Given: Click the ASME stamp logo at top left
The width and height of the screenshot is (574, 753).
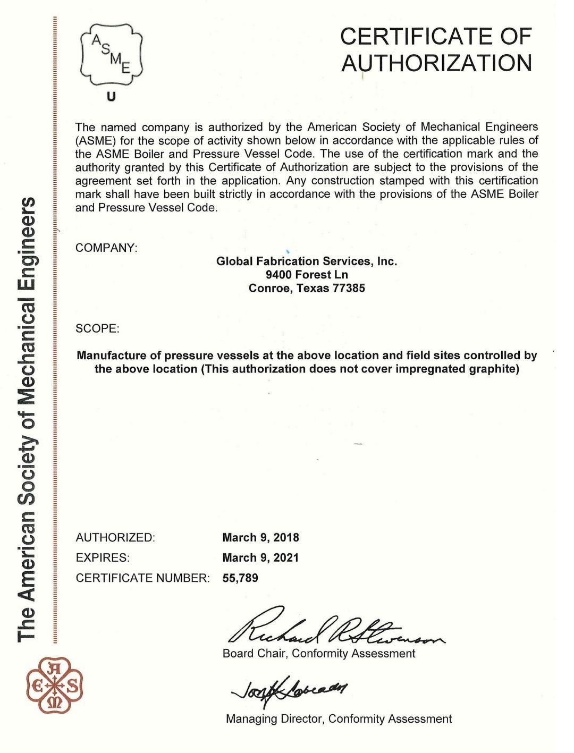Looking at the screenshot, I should [x=111, y=55].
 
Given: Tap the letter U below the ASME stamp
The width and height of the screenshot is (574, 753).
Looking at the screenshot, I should [x=111, y=97].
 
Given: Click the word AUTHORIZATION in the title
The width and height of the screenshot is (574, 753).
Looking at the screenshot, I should [x=436, y=63].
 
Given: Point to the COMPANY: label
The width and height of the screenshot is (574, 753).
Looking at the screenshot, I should [x=106, y=248].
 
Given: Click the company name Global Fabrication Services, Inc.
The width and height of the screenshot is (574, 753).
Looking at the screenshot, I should [x=307, y=261].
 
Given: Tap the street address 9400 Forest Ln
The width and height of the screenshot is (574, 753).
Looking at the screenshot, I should [x=307, y=275].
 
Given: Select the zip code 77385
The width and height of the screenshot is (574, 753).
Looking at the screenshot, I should [x=349, y=288].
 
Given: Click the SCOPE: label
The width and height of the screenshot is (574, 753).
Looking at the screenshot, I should [x=97, y=328].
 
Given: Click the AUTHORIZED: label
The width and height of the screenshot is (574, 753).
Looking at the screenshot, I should [x=115, y=537].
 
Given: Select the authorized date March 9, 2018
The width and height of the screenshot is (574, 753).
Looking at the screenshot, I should [x=260, y=537].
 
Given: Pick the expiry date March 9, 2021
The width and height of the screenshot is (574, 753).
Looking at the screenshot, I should [x=260, y=557].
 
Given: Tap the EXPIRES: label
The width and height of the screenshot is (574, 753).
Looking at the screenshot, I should [x=103, y=557].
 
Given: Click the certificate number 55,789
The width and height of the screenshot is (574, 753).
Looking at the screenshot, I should [x=240, y=578].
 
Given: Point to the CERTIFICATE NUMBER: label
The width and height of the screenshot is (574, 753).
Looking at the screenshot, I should [x=143, y=578].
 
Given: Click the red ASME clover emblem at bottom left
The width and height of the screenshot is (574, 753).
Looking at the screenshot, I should [x=55, y=685].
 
